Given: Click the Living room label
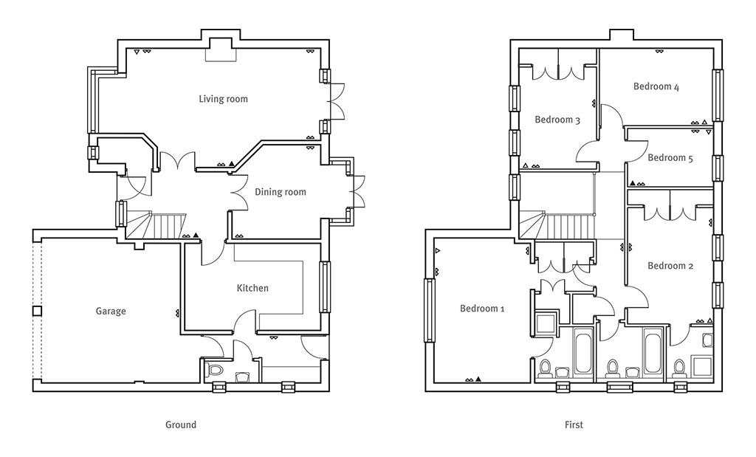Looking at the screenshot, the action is pos(223,99).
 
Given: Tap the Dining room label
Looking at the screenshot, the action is pos(280,192).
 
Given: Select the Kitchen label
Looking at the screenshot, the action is pos(252,288).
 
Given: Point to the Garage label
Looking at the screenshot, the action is pos(111,311).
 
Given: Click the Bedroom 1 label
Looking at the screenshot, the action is pos(482,308).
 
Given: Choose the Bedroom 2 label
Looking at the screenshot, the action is pos(670,266).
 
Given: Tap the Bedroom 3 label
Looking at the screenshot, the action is pos(557,120).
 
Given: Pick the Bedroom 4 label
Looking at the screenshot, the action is pos(656,86).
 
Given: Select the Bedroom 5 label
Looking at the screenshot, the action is pos(670,158).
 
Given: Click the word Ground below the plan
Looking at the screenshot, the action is pos(181,425).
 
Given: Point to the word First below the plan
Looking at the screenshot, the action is pos(574,425).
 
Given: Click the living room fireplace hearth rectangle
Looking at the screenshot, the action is pos(221,50).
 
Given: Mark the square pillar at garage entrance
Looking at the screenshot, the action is pos(37,311).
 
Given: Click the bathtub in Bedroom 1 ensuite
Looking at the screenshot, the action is pos(583,351).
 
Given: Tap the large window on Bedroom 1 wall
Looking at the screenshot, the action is pos(429,311).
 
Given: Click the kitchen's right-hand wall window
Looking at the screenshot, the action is pos(326,287).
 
